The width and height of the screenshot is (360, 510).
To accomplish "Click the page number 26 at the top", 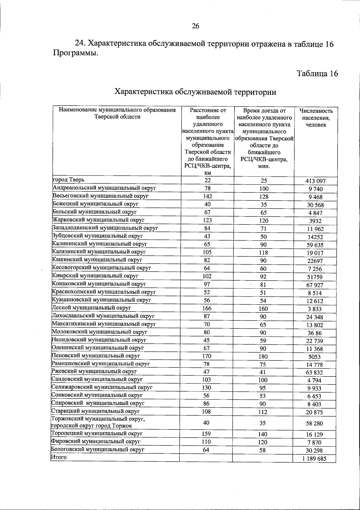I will (195, 26).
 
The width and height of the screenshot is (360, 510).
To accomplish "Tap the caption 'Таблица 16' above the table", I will (317, 74).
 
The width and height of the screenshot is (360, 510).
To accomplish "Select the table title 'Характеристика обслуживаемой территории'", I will (196, 92).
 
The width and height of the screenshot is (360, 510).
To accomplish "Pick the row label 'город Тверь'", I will (69, 180).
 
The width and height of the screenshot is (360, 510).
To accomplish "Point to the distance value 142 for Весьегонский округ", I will (207, 196).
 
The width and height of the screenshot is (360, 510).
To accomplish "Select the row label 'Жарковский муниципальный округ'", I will (99, 220).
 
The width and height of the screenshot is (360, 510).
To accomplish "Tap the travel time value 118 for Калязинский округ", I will (263, 253).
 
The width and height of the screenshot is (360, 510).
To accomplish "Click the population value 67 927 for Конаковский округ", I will (314, 285).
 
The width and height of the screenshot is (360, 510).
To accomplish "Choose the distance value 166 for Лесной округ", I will (207, 308).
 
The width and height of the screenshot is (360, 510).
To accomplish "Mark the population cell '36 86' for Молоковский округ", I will (314, 333).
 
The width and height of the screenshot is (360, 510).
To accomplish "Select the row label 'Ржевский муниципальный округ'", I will (94, 371).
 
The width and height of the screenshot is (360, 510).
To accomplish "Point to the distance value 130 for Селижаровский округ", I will (206, 388).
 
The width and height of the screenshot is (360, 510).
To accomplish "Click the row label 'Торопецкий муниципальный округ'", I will (97, 433).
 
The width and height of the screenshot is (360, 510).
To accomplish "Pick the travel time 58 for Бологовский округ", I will (262, 450).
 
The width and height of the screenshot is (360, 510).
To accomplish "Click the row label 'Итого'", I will (59, 457).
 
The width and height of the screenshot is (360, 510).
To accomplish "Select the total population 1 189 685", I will (314, 459).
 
